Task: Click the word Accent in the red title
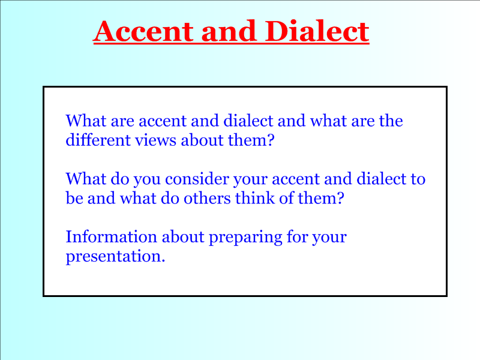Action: coord(143,31)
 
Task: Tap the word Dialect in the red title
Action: coord(317,31)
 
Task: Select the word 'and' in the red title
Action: coord(229,31)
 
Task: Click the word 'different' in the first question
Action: coord(98,140)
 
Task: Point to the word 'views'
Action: coord(156,140)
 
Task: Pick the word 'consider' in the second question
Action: coord(197,178)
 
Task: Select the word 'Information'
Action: coord(112,236)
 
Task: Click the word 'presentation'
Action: coord(113,257)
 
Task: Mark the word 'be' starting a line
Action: coord(74,198)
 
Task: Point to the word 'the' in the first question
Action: coord(391,121)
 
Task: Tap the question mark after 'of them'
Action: coord(340,198)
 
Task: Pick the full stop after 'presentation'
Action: coord(163,261)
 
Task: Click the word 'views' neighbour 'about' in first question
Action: coord(156,140)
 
